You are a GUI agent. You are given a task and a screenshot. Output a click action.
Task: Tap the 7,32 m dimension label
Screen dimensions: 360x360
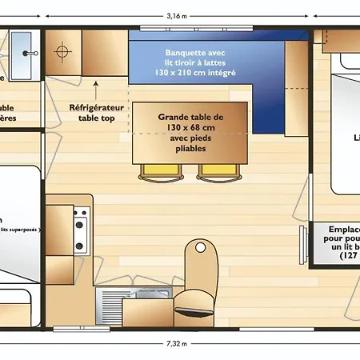click(x=178, y=344)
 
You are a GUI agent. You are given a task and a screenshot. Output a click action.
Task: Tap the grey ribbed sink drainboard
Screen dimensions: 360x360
click(x=110, y=303)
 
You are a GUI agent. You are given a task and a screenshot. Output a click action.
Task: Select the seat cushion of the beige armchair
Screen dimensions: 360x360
click(x=194, y=300)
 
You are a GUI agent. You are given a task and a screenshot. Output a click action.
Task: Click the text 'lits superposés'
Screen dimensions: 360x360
click(x=20, y=229)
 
